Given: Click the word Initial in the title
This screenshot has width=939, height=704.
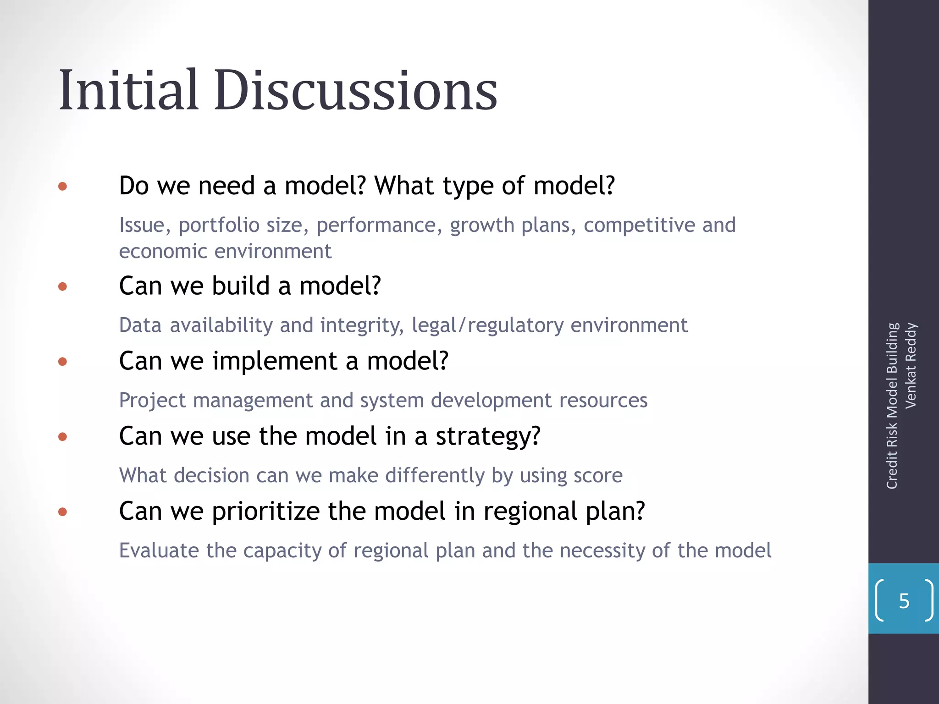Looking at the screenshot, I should (129, 90).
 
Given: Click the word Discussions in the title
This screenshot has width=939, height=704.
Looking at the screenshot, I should (356, 90).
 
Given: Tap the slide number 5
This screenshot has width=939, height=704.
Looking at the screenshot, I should (904, 601).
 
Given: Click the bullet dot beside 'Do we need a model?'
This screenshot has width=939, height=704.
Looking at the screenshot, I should (63, 187).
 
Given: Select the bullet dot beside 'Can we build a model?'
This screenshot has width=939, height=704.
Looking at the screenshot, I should (63, 287).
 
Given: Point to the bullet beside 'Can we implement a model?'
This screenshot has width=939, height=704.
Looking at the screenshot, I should (63, 362).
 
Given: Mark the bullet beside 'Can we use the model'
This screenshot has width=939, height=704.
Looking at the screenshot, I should (63, 437).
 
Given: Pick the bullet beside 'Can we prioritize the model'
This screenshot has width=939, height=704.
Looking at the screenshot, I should (63, 512).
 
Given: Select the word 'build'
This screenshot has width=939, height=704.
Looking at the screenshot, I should (241, 286).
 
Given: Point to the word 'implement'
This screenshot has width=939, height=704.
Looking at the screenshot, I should (274, 361).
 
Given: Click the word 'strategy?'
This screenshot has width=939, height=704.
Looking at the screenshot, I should (488, 436).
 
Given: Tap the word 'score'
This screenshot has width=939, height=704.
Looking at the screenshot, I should (598, 476).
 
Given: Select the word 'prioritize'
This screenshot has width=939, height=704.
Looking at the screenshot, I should (265, 511).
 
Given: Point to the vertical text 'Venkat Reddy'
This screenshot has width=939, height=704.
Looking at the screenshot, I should (911, 366).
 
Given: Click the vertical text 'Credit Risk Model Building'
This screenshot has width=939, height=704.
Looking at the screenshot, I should (892, 406).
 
